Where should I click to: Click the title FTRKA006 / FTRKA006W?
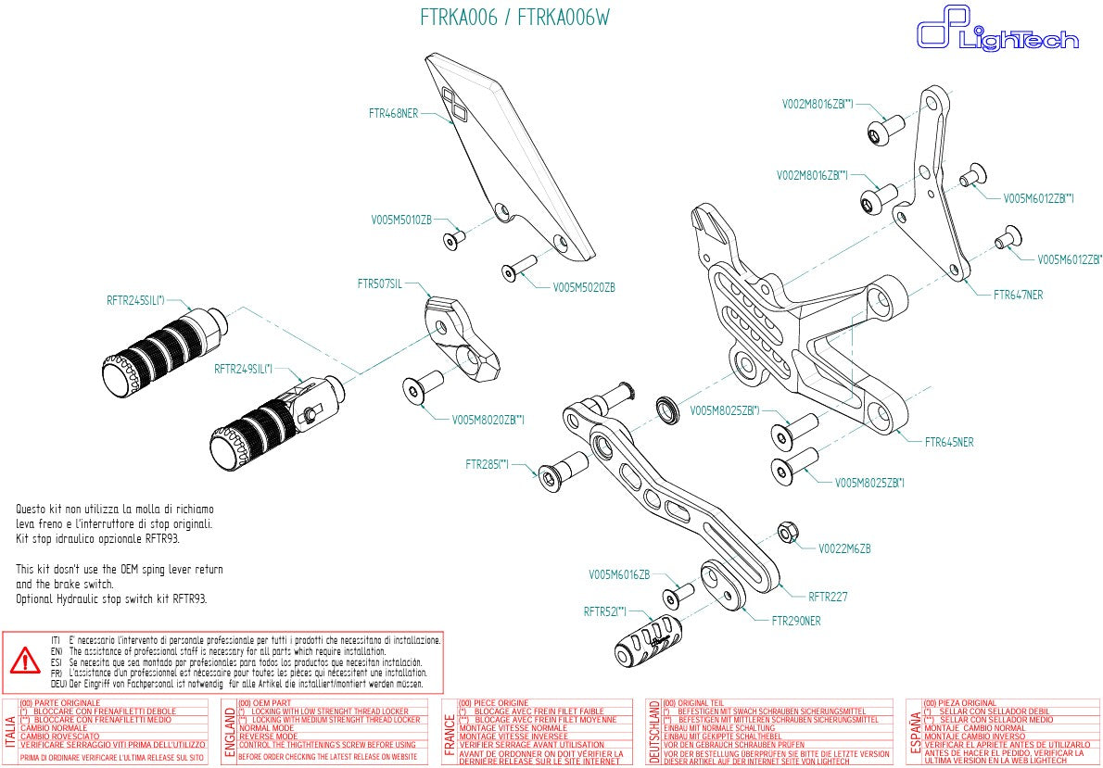[x=514, y=18]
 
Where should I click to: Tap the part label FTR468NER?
[x=393, y=114]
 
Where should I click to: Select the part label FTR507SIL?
[x=380, y=283]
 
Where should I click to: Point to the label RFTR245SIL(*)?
[x=135, y=300]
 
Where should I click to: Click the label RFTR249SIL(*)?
[x=243, y=369]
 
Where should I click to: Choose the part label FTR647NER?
[x=1018, y=296]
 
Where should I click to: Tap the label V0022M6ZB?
[x=844, y=548]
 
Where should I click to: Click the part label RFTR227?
[x=828, y=597]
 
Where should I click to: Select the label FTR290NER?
[x=784, y=620]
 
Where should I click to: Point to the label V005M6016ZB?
[x=619, y=574]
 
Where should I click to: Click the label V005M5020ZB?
[x=584, y=288]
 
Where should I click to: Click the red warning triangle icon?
[x=24, y=661]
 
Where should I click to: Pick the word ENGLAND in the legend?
[x=229, y=730]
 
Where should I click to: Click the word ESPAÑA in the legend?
[x=915, y=730]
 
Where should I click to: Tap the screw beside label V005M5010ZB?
[x=454, y=239]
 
